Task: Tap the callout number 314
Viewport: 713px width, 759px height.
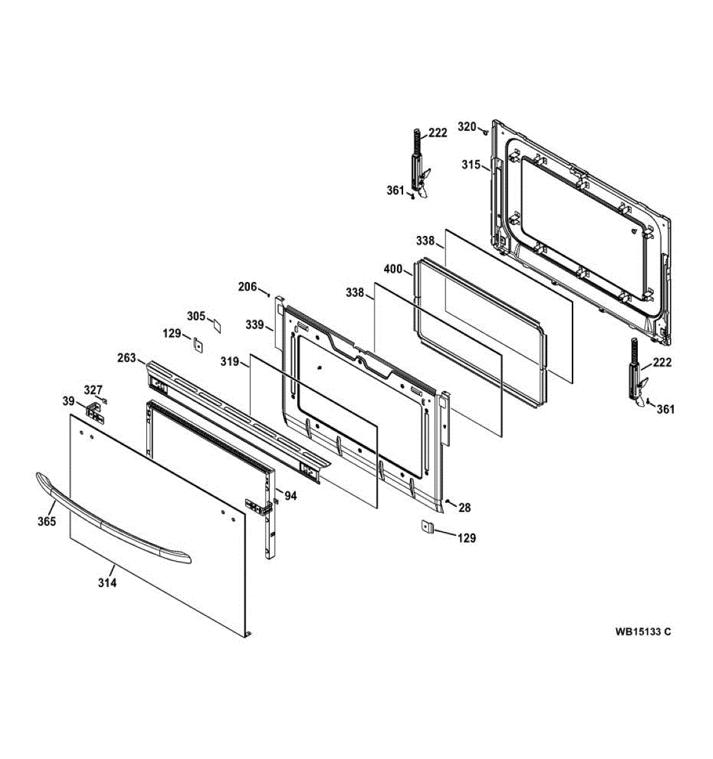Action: (x=107, y=583)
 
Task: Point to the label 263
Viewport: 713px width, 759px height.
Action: (x=127, y=358)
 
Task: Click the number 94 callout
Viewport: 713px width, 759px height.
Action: (x=290, y=496)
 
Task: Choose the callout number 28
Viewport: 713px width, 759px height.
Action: (x=464, y=507)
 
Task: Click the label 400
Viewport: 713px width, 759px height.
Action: (x=393, y=269)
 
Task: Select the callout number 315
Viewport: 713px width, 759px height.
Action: (x=471, y=164)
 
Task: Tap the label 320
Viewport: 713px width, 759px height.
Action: (x=467, y=126)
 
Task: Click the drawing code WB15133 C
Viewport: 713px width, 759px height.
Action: (x=643, y=631)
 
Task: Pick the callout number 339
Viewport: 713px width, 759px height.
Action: (x=255, y=324)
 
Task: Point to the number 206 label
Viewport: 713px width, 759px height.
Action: (x=247, y=287)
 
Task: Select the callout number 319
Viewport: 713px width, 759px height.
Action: (x=230, y=362)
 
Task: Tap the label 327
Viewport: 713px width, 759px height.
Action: (x=94, y=390)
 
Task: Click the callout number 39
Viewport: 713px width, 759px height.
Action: (x=68, y=401)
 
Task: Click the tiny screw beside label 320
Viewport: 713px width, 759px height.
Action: (x=485, y=132)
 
